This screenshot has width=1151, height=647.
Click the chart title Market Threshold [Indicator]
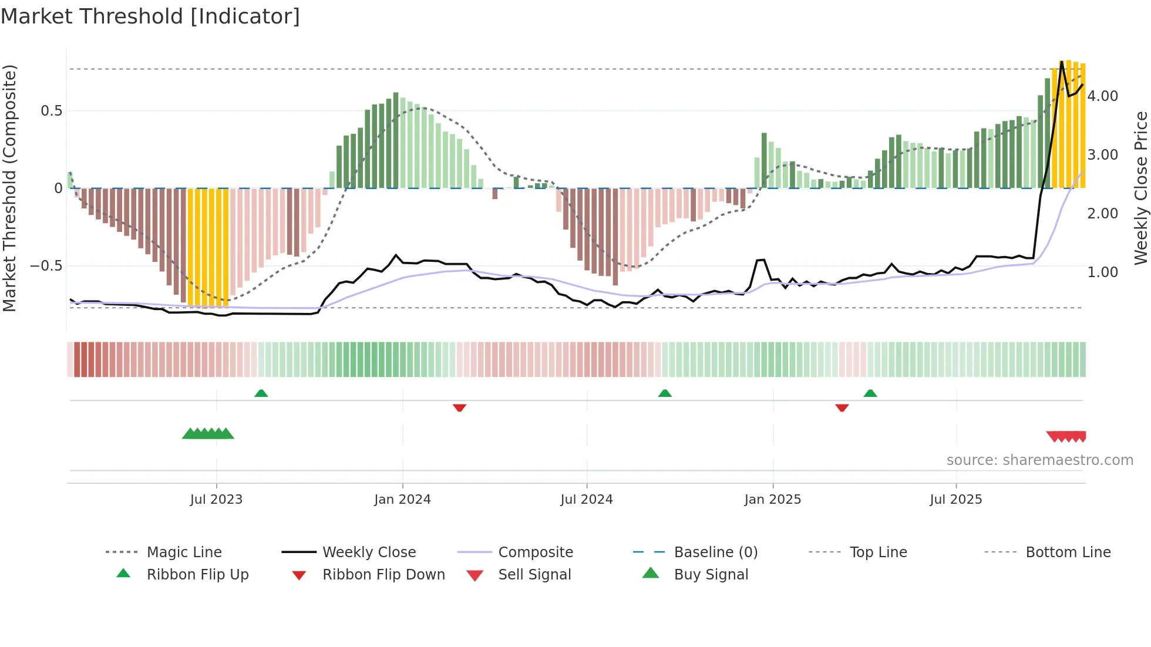click(x=150, y=16)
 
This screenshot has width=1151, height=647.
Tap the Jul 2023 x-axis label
click(x=216, y=500)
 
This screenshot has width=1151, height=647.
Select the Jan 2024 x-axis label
click(x=402, y=500)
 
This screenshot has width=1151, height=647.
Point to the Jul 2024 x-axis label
click(x=586, y=500)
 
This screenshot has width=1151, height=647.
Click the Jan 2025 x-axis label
click(x=772, y=500)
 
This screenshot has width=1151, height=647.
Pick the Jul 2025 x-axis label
click(x=955, y=500)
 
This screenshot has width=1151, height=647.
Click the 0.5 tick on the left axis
click(x=51, y=111)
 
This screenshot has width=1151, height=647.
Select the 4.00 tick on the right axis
click(x=1102, y=96)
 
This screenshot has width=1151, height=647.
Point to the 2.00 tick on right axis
click(x=1102, y=214)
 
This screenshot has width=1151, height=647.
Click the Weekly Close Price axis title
click(x=1140, y=188)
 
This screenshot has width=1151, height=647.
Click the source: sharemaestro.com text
click(x=1039, y=460)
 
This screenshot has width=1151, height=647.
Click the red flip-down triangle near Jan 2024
click(x=459, y=407)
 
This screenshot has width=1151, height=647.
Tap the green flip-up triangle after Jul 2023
click(x=261, y=393)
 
